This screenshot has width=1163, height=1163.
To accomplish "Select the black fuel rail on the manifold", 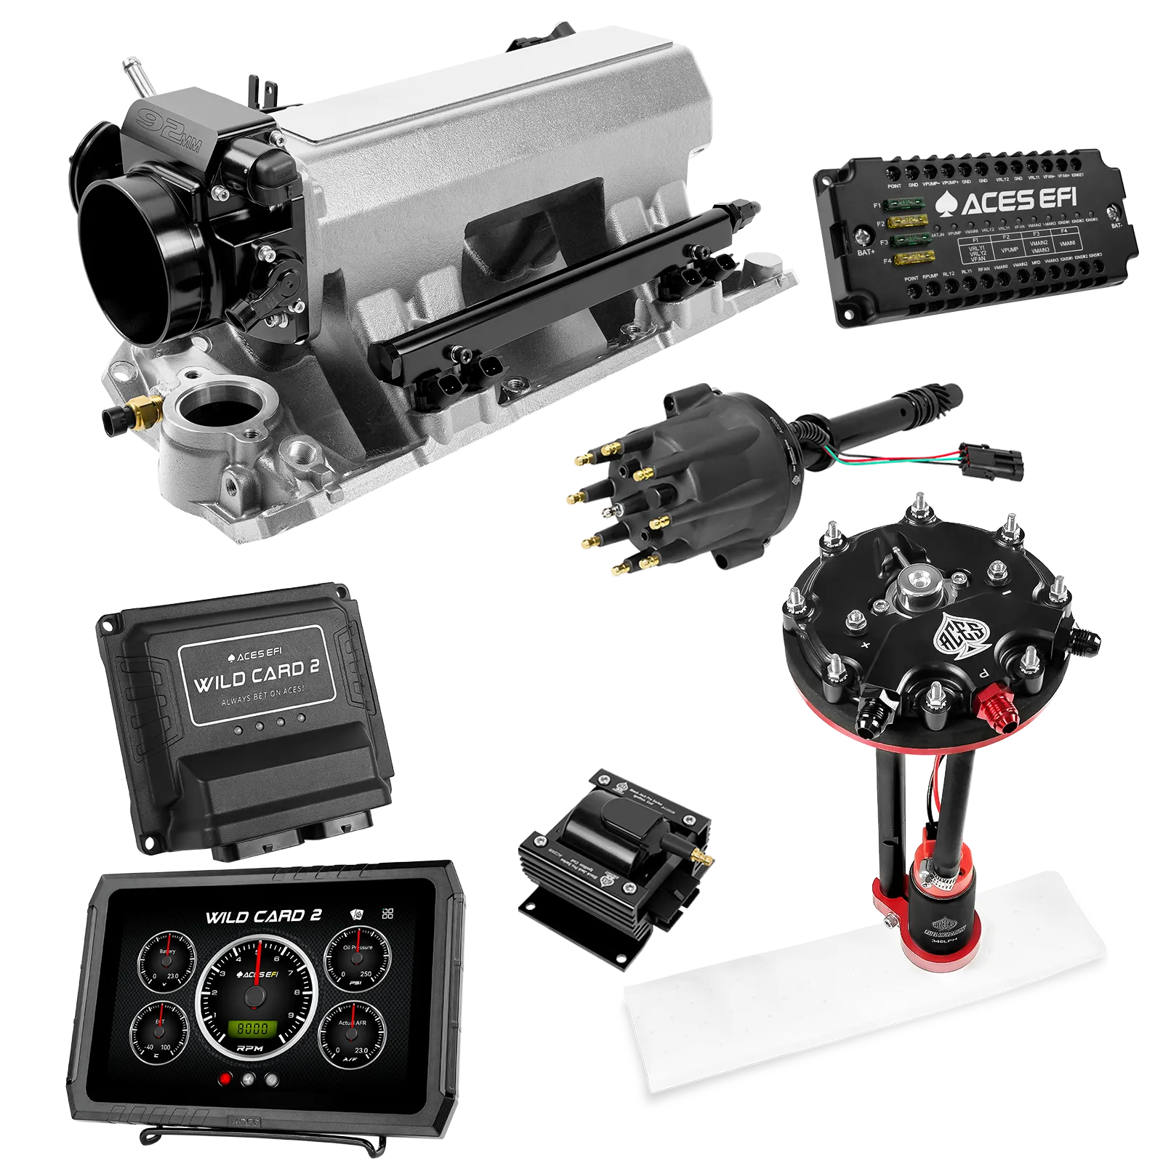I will (x=538, y=298).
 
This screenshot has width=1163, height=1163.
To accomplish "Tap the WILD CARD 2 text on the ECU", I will (x=256, y=675).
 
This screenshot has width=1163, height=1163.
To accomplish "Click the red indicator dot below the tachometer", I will (x=227, y=1079).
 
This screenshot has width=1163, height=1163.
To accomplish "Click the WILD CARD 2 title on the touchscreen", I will (x=263, y=916).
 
